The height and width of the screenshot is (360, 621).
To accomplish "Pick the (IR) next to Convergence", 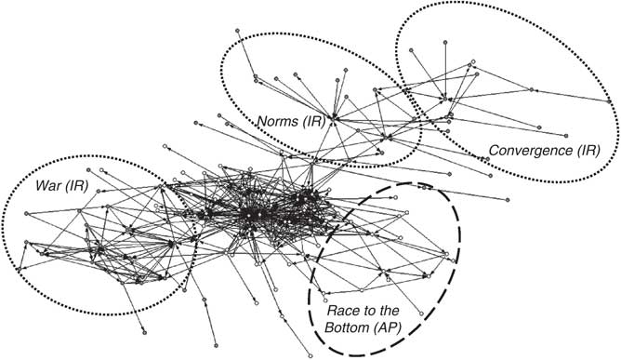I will click(x=588, y=149).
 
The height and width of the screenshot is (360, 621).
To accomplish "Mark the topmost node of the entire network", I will click(x=238, y=32).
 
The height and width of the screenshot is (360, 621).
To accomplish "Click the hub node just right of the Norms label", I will click(x=333, y=119).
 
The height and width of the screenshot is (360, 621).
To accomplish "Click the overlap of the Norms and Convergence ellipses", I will click(x=409, y=88).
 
